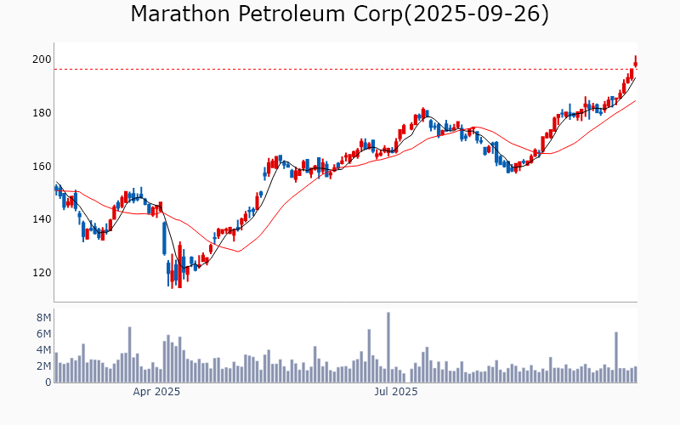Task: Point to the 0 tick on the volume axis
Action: [x=48, y=382]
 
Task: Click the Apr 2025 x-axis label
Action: [x=156, y=392]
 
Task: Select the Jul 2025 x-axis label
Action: [x=396, y=392]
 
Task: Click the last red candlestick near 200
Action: [x=635, y=62]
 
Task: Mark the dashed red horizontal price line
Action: [x=340, y=70]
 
